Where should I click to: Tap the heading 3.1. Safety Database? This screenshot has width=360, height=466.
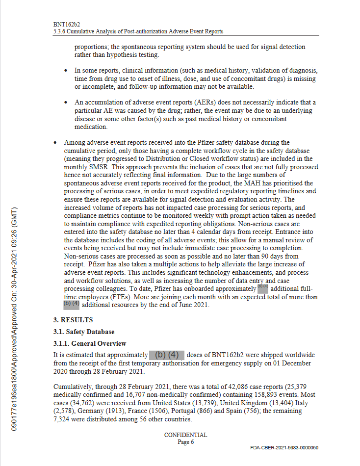[84, 332]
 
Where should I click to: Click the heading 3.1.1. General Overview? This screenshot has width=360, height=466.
[90, 343]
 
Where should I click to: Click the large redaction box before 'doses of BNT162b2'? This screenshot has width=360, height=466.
[167, 355]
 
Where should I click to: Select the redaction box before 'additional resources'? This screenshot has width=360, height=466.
[71, 304]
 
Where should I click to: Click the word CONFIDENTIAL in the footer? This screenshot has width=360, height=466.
[185, 435]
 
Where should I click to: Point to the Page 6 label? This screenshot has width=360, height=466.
[185, 442]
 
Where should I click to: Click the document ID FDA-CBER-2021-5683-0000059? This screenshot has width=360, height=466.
[284, 448]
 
